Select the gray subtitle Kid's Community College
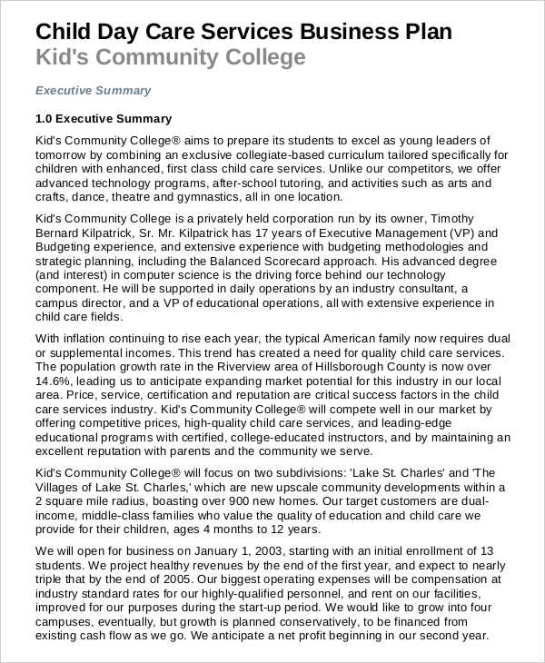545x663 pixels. point(171,59)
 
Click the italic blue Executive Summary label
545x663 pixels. point(93,91)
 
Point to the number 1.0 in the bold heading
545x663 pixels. point(45,119)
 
